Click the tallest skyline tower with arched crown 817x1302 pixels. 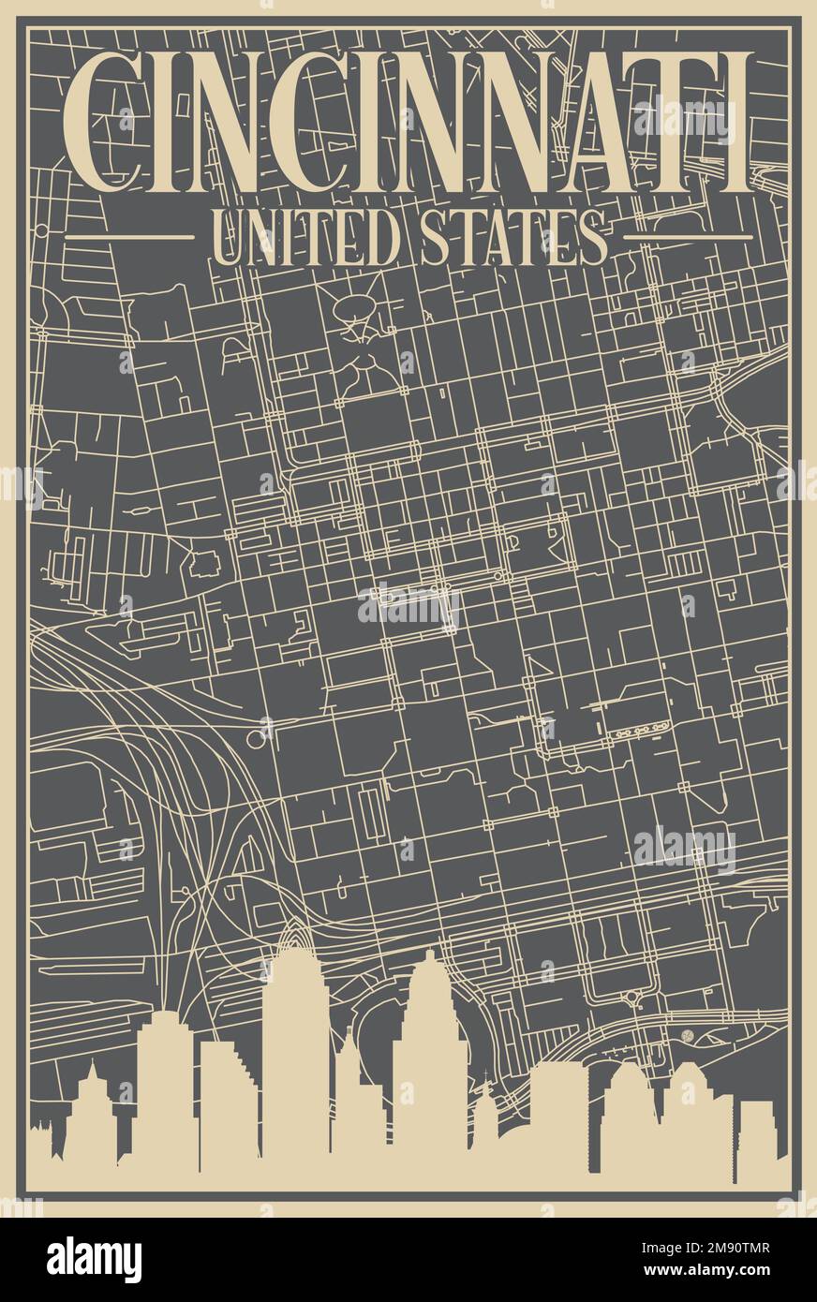pos(295,1049)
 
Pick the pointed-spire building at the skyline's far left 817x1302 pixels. pos(93,1115)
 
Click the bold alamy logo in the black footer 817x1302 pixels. pos(94,1260)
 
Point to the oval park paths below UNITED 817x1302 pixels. pos(355,310)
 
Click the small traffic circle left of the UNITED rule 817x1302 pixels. pos(41,229)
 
